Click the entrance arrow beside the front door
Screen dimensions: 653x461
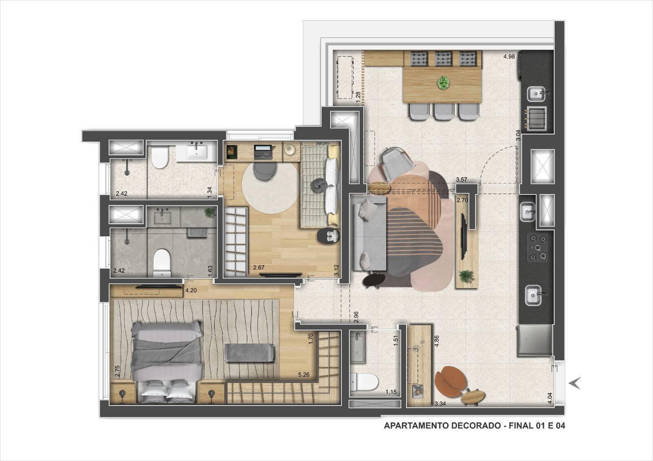[x=574, y=383]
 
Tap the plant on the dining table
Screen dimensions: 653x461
[x=443, y=83]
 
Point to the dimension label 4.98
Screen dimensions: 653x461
[x=509, y=57]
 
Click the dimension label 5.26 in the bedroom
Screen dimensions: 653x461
[x=304, y=375]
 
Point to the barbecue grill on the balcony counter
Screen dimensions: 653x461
[x=536, y=119]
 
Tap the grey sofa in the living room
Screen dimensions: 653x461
[x=369, y=233]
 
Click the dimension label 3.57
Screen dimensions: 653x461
[x=462, y=180]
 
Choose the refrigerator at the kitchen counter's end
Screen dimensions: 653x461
[x=535, y=341]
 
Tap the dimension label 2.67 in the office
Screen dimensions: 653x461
[x=259, y=268]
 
